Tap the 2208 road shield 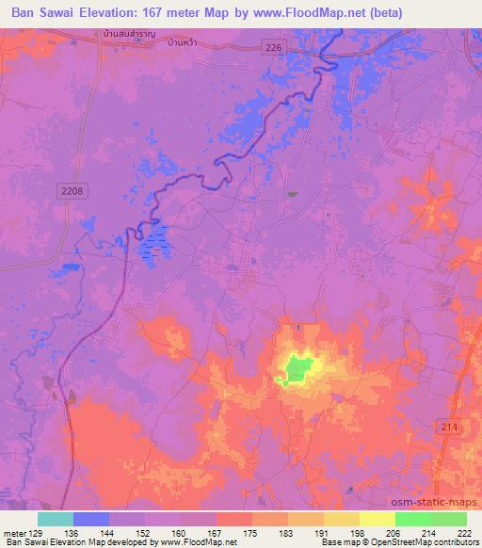click(73, 191)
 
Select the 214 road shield click(451, 427)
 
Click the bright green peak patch click(297, 368)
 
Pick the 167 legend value click(217, 535)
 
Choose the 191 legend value click(324, 535)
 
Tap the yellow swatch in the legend click(378, 519)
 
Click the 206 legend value click(394, 535)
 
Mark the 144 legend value click(109, 535)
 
